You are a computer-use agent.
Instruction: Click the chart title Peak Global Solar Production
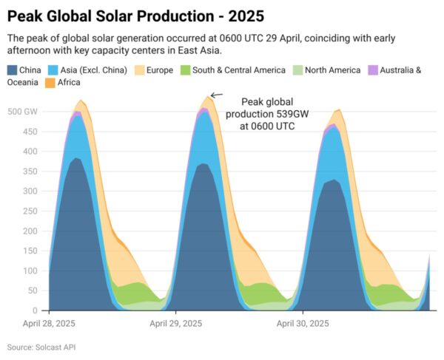[x=135, y=14]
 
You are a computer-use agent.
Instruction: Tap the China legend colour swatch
[x=13, y=70]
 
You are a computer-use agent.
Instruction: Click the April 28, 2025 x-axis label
[x=49, y=324]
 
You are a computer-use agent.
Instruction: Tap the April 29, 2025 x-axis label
[x=175, y=324]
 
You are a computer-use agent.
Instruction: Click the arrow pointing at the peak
[x=216, y=95]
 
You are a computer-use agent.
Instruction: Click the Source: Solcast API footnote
[x=41, y=347]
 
